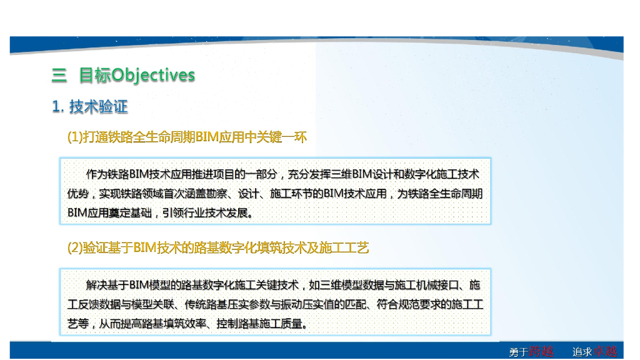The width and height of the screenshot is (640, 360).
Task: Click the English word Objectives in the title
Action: point(153,76)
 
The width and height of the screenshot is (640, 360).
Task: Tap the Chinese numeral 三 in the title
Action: point(59,76)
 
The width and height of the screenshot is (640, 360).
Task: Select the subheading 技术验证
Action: point(99,107)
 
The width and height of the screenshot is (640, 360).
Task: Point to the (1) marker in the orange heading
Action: point(75,137)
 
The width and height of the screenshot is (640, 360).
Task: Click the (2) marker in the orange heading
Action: point(75,248)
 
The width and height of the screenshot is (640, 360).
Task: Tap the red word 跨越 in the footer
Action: point(541,351)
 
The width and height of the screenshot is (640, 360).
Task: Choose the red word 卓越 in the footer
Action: point(606,351)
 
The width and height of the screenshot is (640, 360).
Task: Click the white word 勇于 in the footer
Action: point(518,352)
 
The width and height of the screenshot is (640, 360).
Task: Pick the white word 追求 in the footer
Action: point(582,352)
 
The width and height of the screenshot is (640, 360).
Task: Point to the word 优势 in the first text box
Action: point(79,194)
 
